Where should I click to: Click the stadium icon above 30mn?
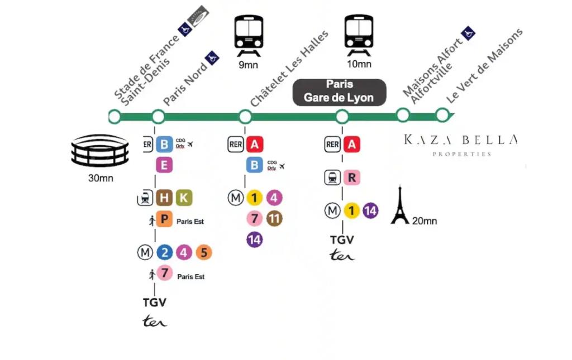coord(100,151)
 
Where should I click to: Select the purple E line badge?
coord(164,165)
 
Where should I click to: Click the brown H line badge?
coord(164,198)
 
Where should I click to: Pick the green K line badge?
coord(184,198)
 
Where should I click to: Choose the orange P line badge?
coord(164,219)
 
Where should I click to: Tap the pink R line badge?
coord(352,177)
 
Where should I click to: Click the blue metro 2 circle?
coord(165,252)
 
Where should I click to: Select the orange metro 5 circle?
coord(204,252)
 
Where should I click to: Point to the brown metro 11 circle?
coord(274,219)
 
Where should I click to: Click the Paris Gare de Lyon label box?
coord(339,93)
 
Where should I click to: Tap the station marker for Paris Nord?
coord(158,117)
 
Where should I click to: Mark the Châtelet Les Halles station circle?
coord(245,117)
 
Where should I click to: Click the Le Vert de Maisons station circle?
coord(442,115)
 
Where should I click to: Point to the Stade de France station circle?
coord(114,117)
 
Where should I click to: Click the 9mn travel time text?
coord(249,65)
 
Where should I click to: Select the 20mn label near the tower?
coord(425,221)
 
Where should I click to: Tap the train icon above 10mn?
coord(359,35)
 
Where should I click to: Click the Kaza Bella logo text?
coord(461,145)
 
